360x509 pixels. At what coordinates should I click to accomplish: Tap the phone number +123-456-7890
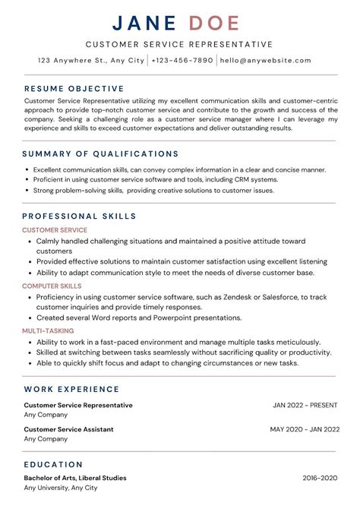tap(182, 60)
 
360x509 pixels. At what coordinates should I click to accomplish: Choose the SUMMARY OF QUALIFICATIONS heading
tap(101, 153)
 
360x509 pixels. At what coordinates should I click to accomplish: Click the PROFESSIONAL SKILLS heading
tap(80, 216)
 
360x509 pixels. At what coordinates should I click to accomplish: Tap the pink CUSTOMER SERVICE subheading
tap(55, 229)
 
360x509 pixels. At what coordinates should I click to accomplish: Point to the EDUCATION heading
tap(53, 463)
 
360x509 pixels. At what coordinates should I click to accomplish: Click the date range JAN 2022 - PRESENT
tap(305, 405)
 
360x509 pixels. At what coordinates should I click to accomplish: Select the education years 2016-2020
tap(318, 478)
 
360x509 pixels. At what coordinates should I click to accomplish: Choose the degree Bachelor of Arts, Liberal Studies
tap(75, 478)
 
